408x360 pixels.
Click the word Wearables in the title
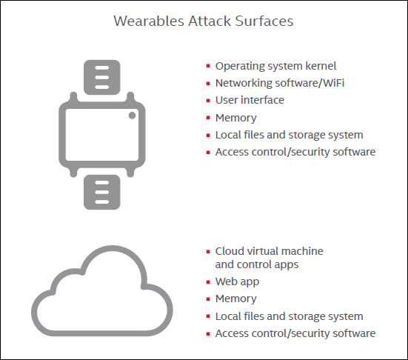click(149, 21)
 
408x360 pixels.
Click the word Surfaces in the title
click(264, 21)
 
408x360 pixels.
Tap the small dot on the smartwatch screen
click(132, 116)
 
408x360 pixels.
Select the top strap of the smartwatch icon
click(102, 77)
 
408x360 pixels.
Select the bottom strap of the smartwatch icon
click(102, 192)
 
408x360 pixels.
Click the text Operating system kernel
click(275, 67)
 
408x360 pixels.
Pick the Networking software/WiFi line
click(280, 83)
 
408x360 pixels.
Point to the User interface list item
click(250, 100)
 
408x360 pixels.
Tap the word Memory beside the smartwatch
click(235, 118)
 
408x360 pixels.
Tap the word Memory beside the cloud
click(235, 299)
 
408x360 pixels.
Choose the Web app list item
click(237, 282)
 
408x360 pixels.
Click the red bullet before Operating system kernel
click(208, 66)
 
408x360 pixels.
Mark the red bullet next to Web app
click(208, 282)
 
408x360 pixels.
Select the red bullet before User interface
click(208, 101)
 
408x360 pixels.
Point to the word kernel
click(321, 66)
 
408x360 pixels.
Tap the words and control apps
click(257, 265)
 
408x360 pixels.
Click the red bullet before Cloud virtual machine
click(208, 252)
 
